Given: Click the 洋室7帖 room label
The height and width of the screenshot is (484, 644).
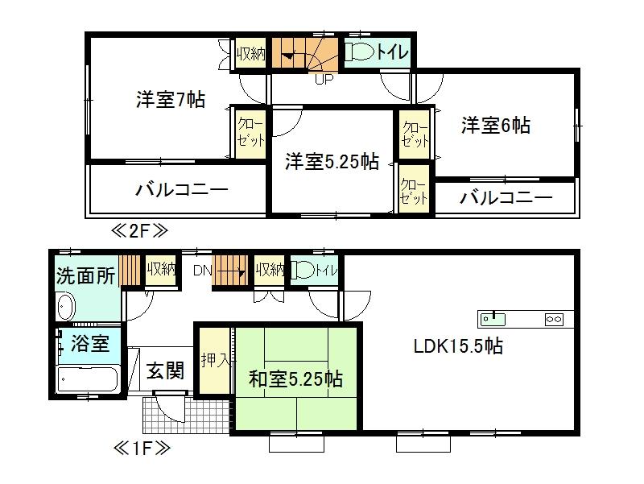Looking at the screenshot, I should [x=170, y=101].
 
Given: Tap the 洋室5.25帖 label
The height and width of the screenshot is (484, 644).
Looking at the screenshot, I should [x=332, y=161].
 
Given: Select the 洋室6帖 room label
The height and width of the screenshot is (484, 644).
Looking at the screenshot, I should [x=495, y=126].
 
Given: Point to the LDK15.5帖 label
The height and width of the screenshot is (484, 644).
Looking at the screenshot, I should [x=459, y=348].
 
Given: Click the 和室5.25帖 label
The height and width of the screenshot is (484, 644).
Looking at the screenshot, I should [x=295, y=379].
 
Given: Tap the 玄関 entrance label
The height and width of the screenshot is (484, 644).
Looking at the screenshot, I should [x=165, y=370].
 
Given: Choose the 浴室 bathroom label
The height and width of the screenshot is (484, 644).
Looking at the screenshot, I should [x=89, y=344].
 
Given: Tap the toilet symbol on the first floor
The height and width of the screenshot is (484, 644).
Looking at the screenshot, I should [x=303, y=271].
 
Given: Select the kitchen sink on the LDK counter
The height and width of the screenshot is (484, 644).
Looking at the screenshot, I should [x=493, y=319].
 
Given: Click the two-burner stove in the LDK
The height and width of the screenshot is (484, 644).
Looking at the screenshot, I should [x=555, y=319].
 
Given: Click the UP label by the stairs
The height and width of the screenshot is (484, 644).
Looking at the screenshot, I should [x=323, y=80].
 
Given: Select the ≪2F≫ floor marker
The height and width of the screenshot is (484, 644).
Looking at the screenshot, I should [x=139, y=231].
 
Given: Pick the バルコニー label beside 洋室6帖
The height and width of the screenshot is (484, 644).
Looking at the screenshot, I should [x=506, y=198].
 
